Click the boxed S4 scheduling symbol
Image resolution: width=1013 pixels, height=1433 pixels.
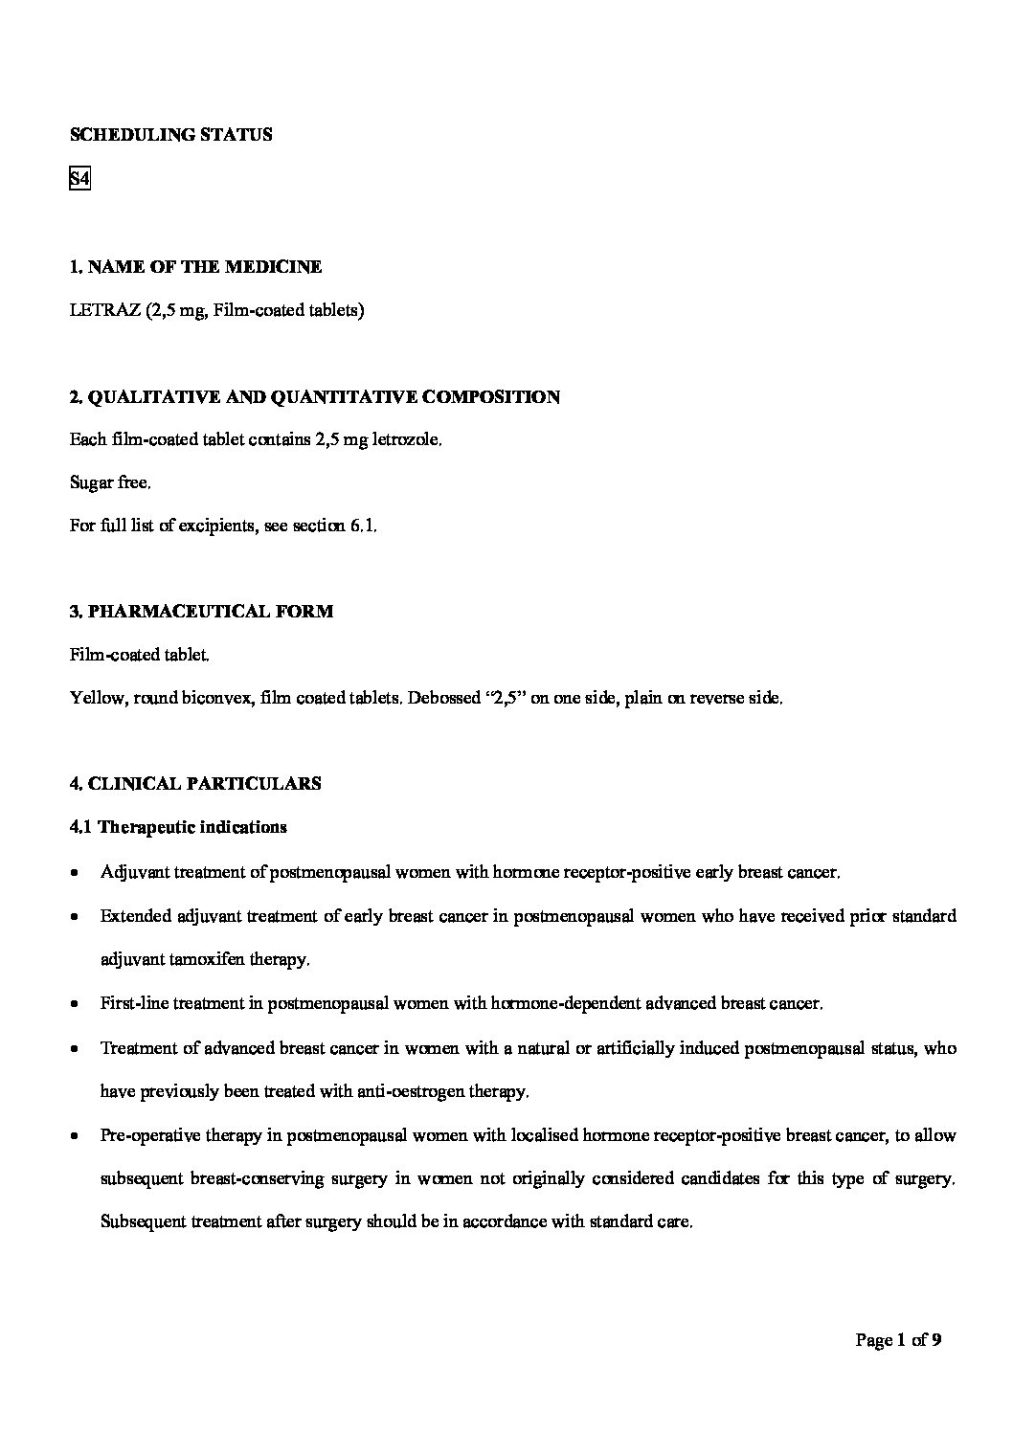[79, 179]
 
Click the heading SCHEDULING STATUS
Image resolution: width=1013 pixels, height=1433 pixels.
[170, 135]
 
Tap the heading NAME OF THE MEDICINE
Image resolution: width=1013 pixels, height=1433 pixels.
[204, 267]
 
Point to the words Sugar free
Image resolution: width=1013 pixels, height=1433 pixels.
[110, 483]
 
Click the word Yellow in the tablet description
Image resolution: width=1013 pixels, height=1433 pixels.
[97, 698]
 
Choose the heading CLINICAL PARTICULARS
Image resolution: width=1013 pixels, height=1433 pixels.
[204, 784]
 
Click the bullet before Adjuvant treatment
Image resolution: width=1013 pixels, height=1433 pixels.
[75, 873]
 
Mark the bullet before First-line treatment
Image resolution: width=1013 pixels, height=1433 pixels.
[75, 1005]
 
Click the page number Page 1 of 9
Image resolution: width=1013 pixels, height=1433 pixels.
[898, 1340]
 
